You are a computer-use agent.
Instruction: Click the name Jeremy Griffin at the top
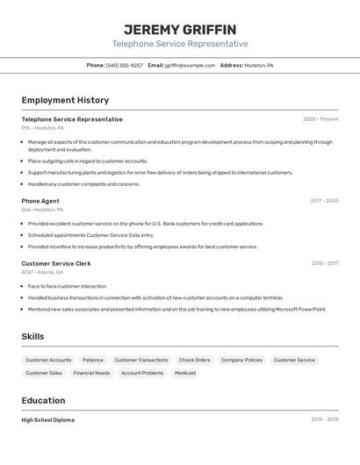[180, 29]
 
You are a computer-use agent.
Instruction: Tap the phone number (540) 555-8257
[124, 65]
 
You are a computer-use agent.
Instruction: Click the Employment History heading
[65, 100]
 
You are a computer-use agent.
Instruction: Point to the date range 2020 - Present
[320, 119]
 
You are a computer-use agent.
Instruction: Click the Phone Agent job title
[40, 201]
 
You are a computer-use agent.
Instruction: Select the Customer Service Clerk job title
[56, 263]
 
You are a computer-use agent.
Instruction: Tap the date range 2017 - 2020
[324, 201]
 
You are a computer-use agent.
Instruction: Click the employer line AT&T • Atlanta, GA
[42, 272]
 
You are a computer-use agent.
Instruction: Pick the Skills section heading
[33, 336]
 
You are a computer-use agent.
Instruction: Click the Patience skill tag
[93, 360]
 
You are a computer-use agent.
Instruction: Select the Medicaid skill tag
[185, 373]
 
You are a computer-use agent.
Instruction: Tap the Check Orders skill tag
[194, 360]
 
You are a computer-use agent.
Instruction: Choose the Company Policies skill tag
[241, 360]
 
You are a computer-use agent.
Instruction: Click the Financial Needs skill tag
[91, 373]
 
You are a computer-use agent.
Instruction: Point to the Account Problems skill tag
[142, 373]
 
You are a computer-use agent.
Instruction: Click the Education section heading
[44, 400]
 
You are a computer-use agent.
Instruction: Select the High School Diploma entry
[48, 420]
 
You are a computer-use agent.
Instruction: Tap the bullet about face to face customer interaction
[68, 286]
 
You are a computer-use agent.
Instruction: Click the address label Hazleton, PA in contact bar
[259, 65]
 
